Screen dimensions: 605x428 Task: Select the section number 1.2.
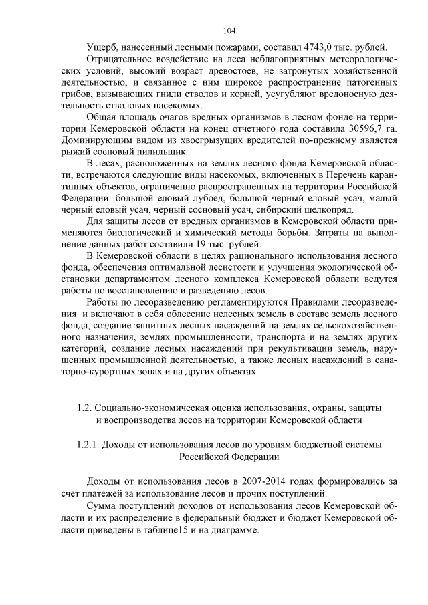[x=84, y=408]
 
